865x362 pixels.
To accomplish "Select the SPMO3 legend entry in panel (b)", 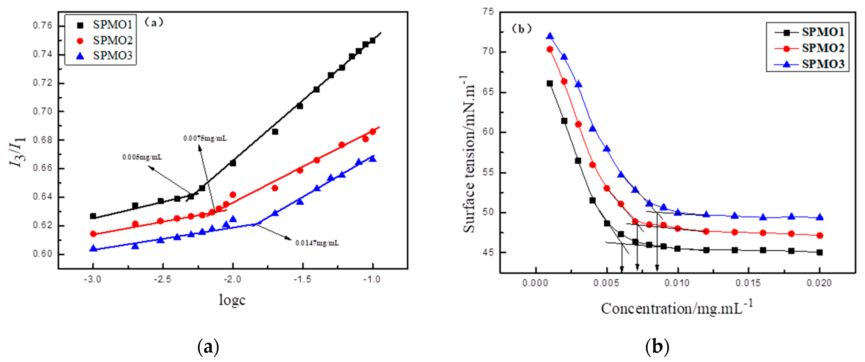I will [813, 64].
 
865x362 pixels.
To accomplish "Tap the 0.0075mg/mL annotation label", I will [205, 138].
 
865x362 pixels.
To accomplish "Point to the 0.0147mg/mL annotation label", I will [317, 243].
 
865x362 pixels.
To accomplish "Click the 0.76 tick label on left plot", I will [43, 25].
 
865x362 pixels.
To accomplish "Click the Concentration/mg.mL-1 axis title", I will [677, 307].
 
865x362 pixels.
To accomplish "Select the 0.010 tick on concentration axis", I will [677, 283].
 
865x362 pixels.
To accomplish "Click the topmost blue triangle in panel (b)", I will [550, 36].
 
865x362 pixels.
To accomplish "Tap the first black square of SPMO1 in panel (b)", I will [550, 83].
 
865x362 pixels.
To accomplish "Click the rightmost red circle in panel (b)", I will [820, 236].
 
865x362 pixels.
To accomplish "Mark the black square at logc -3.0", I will [93, 216].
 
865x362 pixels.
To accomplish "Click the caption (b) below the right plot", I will [657, 347].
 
